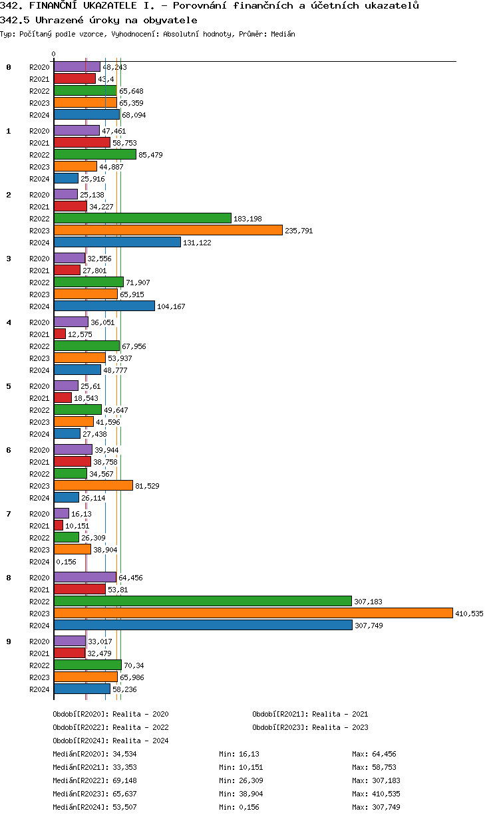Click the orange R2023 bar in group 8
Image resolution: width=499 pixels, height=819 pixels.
coord(253,613)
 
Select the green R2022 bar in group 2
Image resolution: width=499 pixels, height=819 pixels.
coord(142,218)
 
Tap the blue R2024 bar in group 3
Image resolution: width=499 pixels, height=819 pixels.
coord(104,306)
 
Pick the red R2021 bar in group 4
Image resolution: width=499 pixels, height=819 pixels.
coord(60,334)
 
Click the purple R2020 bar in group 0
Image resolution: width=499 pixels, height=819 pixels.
coord(77,66)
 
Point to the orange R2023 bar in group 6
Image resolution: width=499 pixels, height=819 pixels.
coord(93,485)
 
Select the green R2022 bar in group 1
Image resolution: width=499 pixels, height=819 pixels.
coord(94,154)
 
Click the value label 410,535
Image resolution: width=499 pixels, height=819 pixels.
coord(468,614)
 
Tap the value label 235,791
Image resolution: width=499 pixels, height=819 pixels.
coord(299,231)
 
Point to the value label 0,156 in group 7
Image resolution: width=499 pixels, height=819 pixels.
coord(66,562)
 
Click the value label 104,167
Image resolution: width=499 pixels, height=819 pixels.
coord(170,306)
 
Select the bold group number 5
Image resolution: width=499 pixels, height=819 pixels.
coord(9,386)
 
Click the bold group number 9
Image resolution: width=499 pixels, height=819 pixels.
coord(9,642)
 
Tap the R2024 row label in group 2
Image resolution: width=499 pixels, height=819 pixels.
coord(39,243)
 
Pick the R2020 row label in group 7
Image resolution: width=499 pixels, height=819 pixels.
coord(39,514)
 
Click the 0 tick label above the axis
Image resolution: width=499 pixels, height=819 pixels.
coord(54,55)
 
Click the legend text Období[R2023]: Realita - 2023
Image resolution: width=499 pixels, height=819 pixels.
coord(310,727)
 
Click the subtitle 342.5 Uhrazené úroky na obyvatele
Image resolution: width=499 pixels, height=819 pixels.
coord(98,20)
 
